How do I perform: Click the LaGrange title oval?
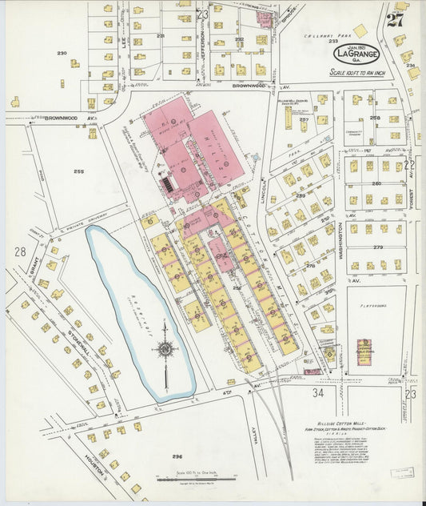coord(356,54)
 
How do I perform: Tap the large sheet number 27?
coord(395,19)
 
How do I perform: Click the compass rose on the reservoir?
coord(165,348)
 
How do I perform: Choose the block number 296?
coord(177,456)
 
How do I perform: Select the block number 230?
coord(62,53)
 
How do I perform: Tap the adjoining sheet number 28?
coord(19,251)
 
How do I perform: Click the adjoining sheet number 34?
coord(317,393)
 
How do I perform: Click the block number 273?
coord(377,248)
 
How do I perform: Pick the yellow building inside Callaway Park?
coord(360,30)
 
